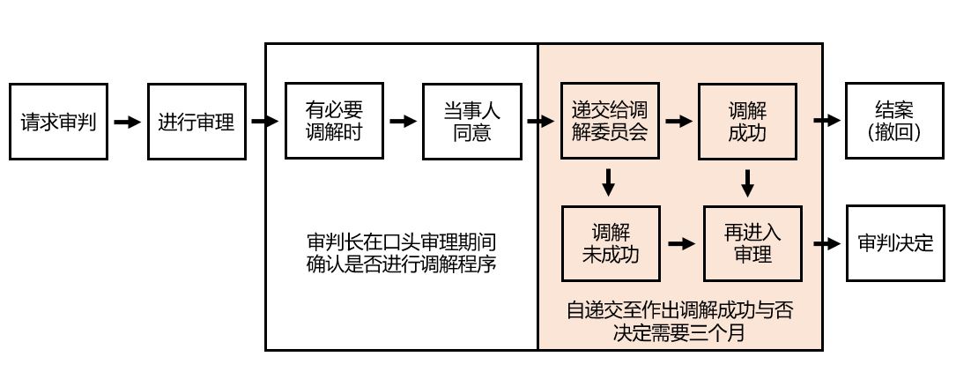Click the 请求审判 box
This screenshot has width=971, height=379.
pyautogui.click(x=59, y=122)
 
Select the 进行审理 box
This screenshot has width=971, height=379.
pyautogui.click(x=196, y=122)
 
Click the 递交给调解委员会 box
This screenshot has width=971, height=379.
pyautogui.click(x=610, y=122)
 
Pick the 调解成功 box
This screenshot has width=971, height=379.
pyautogui.click(x=747, y=122)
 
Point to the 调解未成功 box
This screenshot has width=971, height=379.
pyautogui.click(x=610, y=242)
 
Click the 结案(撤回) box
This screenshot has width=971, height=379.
pyautogui.click(x=893, y=122)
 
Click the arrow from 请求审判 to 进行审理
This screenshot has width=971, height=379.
pyautogui.click(x=128, y=122)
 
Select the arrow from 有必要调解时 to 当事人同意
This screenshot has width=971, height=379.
pyautogui.click(x=403, y=122)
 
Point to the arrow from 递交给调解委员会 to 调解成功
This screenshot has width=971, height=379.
pyautogui.click(x=678, y=122)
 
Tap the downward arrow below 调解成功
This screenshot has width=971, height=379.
pyautogui.click(x=747, y=182)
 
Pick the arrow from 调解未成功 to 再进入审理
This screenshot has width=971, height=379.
pyautogui.click(x=678, y=242)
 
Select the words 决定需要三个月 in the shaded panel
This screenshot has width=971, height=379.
pyautogui.click(x=679, y=334)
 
